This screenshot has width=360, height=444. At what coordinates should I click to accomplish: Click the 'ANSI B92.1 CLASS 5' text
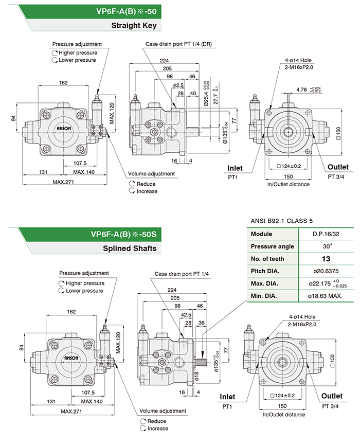281,221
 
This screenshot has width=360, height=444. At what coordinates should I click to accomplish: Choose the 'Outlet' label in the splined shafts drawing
332,396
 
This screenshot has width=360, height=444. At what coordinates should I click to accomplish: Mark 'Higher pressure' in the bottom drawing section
85,283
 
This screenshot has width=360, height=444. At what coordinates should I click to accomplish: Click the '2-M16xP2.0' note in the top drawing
299,67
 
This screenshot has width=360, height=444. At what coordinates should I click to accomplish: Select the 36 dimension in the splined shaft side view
201,323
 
